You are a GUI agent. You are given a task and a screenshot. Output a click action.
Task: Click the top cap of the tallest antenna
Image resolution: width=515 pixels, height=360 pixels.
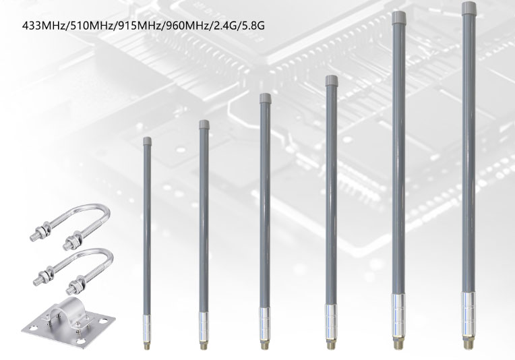[x=467, y=9]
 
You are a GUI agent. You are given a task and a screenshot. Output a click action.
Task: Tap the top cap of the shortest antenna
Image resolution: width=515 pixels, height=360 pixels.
[x=147, y=141]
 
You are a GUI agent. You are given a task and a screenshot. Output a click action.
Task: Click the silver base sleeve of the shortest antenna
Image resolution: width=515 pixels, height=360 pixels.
[x=147, y=328]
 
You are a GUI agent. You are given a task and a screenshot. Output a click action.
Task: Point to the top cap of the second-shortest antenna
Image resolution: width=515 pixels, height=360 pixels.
[x=204, y=124]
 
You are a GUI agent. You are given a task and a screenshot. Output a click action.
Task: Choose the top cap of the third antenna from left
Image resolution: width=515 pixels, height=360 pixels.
[x=265, y=98]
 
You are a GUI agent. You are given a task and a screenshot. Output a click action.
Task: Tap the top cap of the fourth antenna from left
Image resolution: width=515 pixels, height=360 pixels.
[x=330, y=81]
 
